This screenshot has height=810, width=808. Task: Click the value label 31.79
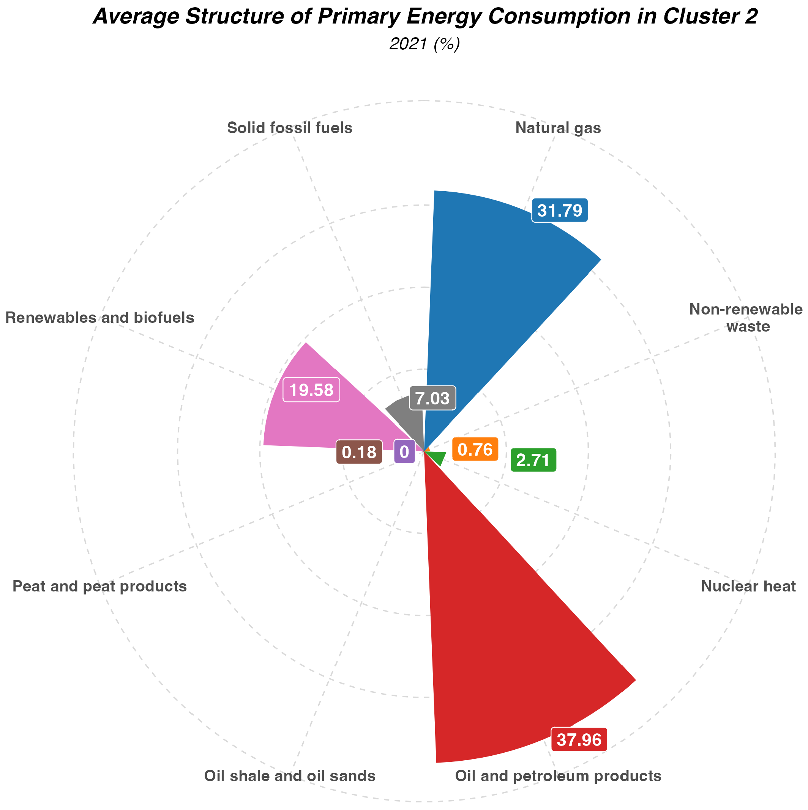560,211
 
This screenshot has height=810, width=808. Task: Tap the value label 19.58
311,390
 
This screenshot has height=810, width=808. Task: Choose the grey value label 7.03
432,398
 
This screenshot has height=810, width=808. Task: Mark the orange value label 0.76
475,450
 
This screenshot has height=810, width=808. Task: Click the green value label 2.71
533,460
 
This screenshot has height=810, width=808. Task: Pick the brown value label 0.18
359,452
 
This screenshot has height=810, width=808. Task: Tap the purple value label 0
404,451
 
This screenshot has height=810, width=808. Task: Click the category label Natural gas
558,128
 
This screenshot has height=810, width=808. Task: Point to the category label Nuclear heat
748,586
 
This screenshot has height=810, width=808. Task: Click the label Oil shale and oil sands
289,776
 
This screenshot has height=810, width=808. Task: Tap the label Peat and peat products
99,586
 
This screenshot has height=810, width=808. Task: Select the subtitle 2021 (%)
425,44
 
